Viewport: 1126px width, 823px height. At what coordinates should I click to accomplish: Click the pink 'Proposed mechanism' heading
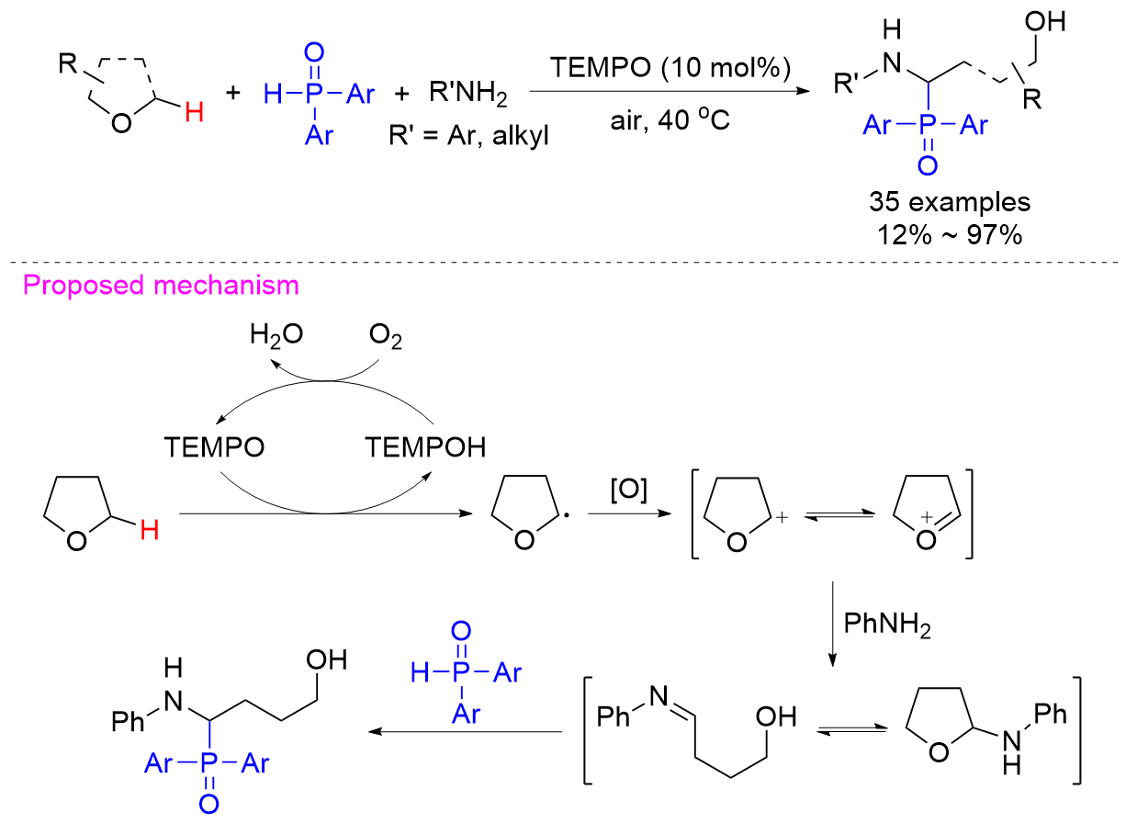pyautogui.click(x=161, y=285)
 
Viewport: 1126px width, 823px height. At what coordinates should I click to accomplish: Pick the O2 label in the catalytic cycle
pyautogui.click(x=385, y=337)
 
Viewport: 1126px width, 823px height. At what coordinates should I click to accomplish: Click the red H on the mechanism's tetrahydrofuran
pyautogui.click(x=149, y=530)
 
